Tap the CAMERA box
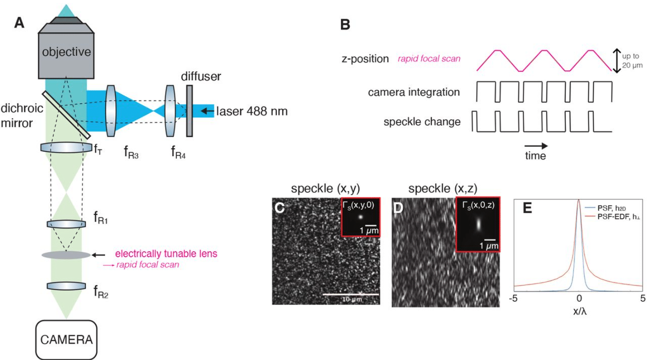67,339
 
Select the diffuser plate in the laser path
189,111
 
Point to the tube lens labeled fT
67,147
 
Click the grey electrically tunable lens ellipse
67,255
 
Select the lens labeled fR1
67,224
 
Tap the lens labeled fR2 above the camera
67,286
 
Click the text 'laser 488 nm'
252,111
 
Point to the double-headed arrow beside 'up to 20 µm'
616,61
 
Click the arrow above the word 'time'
536,146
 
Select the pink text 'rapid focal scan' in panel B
429,59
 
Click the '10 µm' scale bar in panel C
351,295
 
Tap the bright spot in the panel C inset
360,217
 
